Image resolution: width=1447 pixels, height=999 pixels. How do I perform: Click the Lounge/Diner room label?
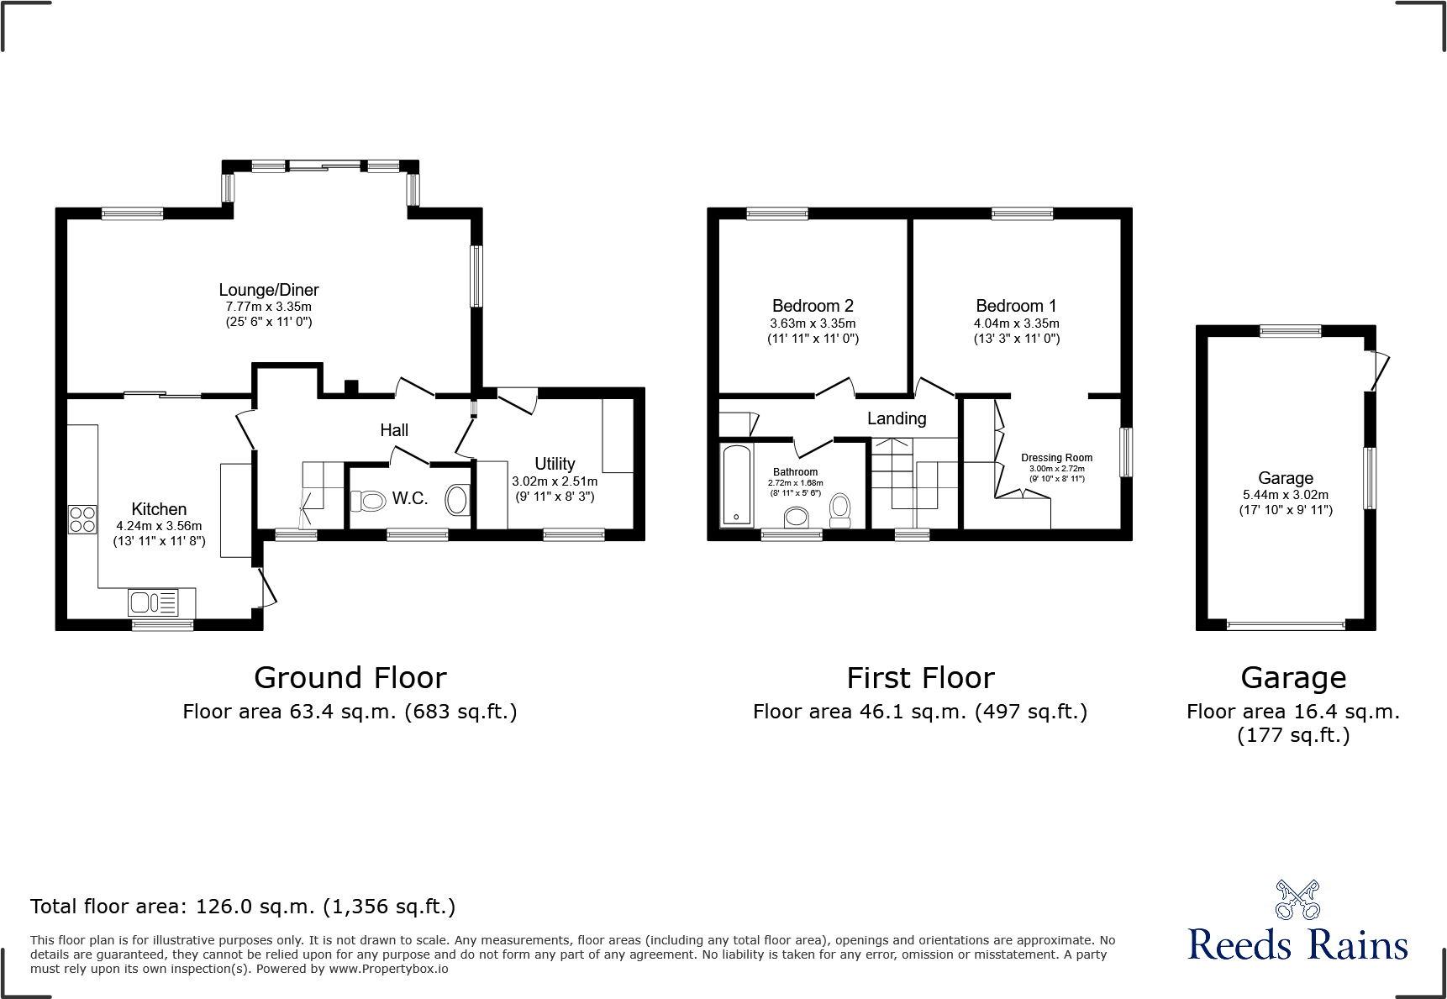point(269,290)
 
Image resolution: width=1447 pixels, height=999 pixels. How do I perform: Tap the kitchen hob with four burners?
point(82,519)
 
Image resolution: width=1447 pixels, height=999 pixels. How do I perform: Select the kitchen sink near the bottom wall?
point(153,602)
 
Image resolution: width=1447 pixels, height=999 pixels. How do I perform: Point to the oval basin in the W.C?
point(457,500)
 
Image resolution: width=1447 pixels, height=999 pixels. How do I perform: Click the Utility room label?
point(555,464)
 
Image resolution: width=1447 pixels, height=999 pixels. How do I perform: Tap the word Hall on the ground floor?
point(394,430)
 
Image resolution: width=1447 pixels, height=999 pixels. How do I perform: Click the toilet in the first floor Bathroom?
point(839,509)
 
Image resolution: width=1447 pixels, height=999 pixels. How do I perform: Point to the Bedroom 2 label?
point(813,306)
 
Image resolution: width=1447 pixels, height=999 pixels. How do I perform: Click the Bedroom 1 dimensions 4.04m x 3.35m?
point(1016,323)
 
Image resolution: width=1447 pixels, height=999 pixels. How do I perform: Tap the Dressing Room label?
point(1056,458)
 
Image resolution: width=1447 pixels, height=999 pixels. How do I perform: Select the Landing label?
point(897,418)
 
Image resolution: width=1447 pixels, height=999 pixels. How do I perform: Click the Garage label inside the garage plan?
point(1286,478)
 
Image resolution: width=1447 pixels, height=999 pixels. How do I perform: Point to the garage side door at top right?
point(1378,370)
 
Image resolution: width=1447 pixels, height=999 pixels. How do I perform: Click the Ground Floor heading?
point(350,677)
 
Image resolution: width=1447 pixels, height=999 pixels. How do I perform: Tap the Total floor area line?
point(243,907)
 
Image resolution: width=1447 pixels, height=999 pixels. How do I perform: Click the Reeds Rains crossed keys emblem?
point(1297,900)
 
